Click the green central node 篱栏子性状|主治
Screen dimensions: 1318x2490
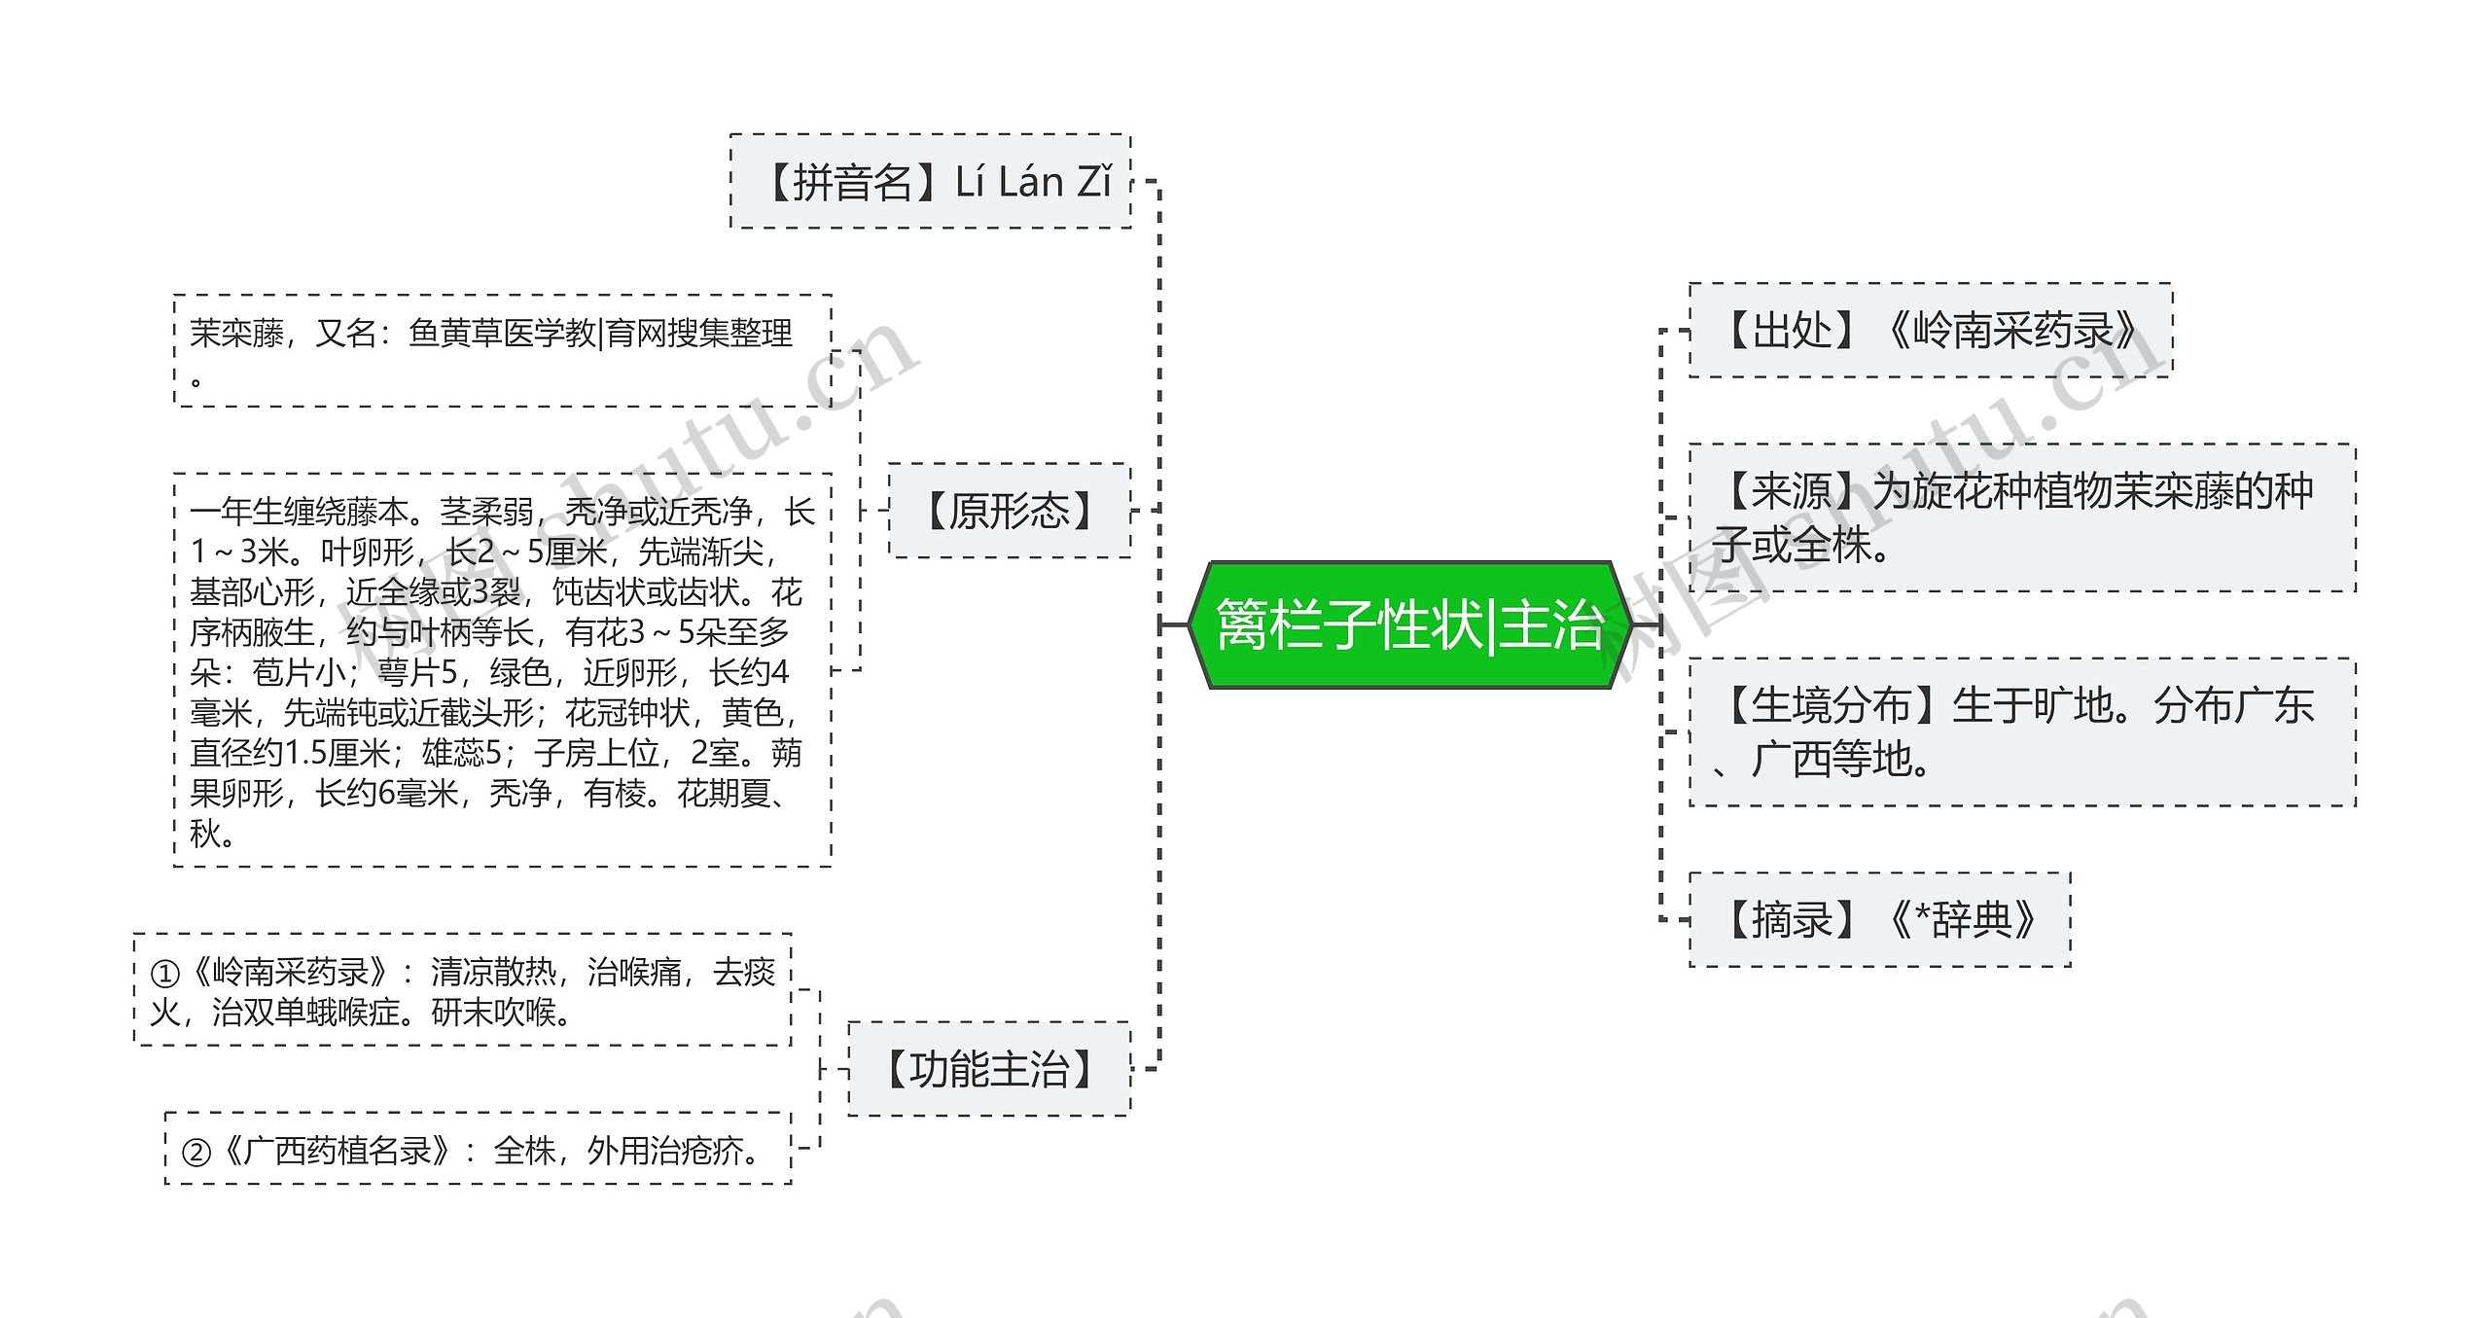click(1409, 624)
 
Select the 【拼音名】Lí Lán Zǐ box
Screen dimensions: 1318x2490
click(931, 182)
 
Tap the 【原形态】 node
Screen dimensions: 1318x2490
click(1010, 511)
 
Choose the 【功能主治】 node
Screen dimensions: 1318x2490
click(989, 1069)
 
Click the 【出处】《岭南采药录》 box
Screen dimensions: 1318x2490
click(1930, 331)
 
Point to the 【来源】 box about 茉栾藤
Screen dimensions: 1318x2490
click(2021, 517)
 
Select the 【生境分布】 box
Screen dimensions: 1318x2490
click(2021, 731)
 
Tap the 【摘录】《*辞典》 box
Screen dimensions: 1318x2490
click(1879, 919)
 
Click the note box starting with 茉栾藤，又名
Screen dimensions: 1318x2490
click(502, 350)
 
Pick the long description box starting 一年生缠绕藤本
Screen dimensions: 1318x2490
click(502, 670)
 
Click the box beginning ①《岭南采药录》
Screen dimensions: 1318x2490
click(462, 990)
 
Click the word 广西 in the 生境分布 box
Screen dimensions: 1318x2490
click(1792, 760)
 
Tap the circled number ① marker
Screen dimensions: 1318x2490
click(164, 973)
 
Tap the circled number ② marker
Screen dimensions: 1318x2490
click(196, 1153)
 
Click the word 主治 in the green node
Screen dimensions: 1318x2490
click(1550, 624)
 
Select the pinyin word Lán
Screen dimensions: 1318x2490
click(1030, 182)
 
